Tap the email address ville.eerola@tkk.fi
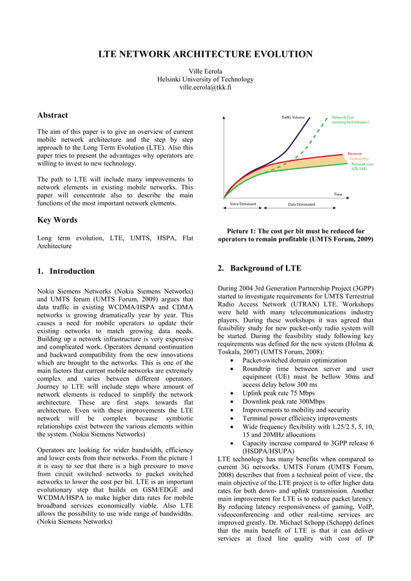205,87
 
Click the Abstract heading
52,115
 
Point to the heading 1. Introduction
66,271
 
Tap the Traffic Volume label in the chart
293,118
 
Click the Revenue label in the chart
354,153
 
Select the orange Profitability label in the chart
359,158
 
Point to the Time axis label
337,194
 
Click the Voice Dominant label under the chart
242,204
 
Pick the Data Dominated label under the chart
301,204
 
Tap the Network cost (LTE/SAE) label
362,166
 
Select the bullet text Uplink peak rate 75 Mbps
278,392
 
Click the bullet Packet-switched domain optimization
294,361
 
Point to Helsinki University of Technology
205,79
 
